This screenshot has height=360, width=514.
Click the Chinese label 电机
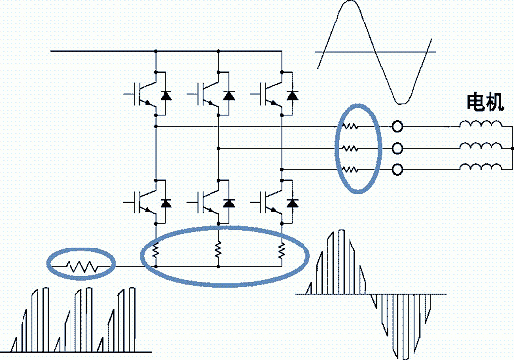coord(486,102)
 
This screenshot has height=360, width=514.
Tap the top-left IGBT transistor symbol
coord(144,94)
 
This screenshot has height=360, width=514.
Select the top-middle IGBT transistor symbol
coord(207,94)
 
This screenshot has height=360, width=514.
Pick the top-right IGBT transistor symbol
coord(270,94)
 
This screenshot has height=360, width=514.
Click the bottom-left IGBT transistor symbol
coord(144,202)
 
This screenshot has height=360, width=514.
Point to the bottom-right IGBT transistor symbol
coord(270,202)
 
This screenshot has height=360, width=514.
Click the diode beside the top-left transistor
coord(165,95)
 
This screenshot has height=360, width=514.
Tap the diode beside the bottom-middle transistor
coord(229,203)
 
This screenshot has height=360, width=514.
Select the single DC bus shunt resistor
coord(82,266)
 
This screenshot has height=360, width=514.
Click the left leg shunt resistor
coord(156,250)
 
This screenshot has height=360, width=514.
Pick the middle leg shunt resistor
coord(218,249)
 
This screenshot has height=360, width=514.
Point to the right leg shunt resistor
coord(282,250)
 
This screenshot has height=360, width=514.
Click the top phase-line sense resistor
coord(350,126)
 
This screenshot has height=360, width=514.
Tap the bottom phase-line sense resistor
coord(350,169)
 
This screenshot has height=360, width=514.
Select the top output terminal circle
coord(397,126)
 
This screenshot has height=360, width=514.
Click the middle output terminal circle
coord(397,148)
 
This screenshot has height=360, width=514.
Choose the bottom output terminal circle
coord(397,169)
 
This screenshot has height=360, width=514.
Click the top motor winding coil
coord(481,124)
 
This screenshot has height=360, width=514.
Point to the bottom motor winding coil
coord(481,167)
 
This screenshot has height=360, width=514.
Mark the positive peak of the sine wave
coord(350,1)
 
